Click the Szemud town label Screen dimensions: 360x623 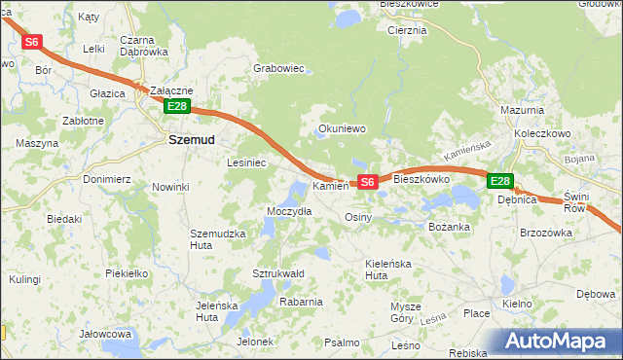pos(193,139)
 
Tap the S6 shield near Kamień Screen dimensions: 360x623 pos(367,182)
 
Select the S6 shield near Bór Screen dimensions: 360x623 pos(32,42)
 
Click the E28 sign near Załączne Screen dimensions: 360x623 pos(176,106)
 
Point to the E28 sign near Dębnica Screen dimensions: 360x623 pos(499,181)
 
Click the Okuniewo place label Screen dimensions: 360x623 pos(342,127)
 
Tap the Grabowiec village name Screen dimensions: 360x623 pos(279,69)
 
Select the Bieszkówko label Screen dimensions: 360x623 pos(421,180)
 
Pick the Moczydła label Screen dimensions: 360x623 pos(289,211)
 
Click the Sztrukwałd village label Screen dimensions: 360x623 pos(279,273)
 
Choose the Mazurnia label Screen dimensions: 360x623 pos(521,111)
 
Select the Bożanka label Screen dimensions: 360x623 pos(450,227)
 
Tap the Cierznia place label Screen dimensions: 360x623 pos(407,30)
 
